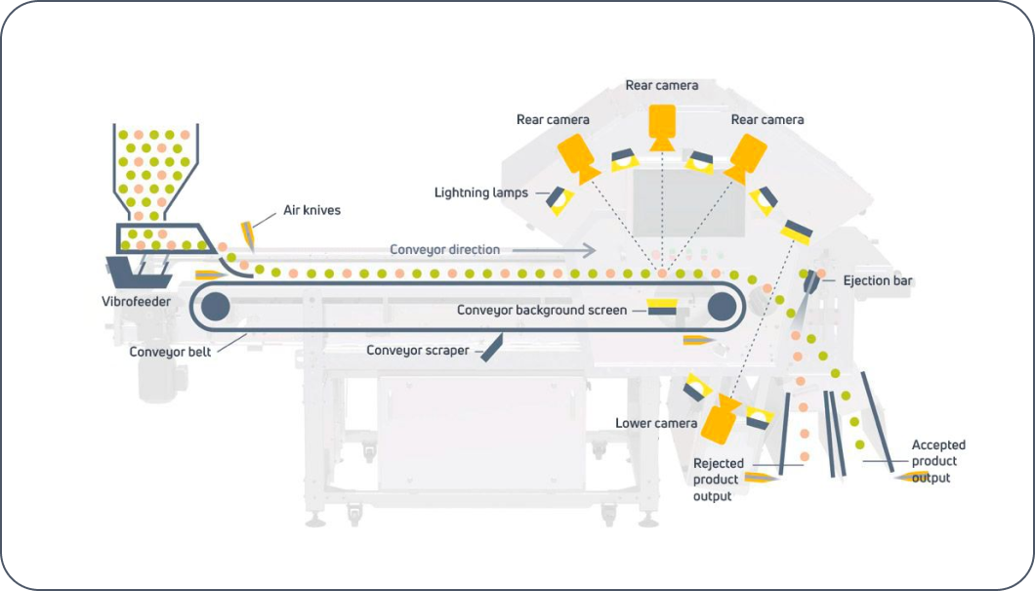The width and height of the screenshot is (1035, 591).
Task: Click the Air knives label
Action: [x=312, y=209]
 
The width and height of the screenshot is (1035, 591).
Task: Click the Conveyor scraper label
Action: [x=418, y=350]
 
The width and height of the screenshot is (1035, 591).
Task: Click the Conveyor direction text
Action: [x=444, y=250]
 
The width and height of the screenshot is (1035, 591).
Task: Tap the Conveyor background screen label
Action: [x=543, y=311]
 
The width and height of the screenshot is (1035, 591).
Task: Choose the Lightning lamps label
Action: [x=480, y=192]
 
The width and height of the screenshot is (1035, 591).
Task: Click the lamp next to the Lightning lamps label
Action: [x=557, y=199]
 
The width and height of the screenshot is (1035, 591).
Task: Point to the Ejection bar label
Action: [x=879, y=280]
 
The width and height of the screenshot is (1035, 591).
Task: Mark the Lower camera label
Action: [x=656, y=423]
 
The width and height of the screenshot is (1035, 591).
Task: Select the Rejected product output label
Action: [x=718, y=480]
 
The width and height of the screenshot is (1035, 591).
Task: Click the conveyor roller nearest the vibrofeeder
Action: [x=216, y=308]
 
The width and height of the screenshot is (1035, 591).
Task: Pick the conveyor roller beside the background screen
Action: [x=721, y=307]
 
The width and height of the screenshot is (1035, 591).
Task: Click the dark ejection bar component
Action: [x=810, y=282]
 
